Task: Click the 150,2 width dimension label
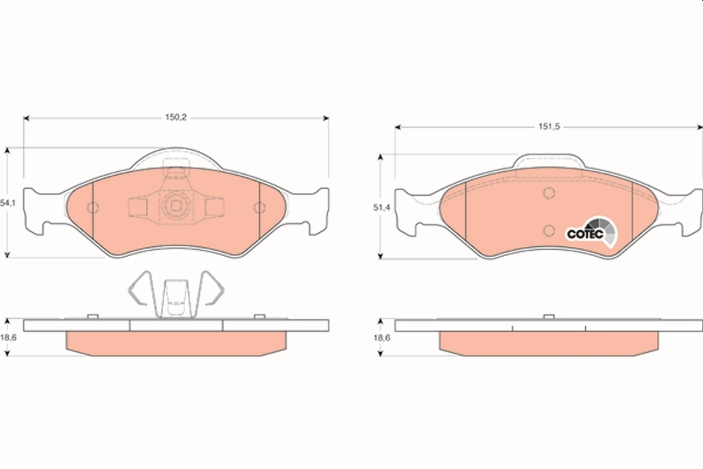click(176, 117)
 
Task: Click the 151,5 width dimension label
click(550, 127)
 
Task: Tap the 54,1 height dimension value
click(8, 203)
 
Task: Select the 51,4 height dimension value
click(381, 208)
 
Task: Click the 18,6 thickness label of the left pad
click(8, 338)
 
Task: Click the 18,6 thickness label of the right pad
click(382, 338)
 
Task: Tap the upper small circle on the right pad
click(548, 193)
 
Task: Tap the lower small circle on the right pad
click(548, 231)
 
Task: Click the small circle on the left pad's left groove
click(93, 208)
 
